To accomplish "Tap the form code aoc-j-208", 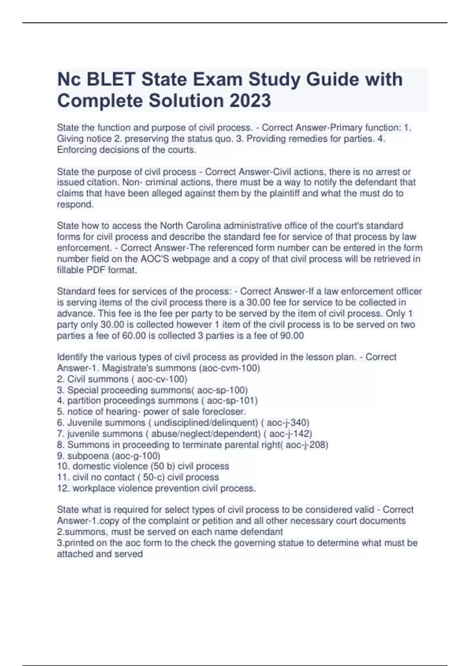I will (x=306, y=445).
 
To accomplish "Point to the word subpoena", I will (x=88, y=456).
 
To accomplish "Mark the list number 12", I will (x=63, y=489).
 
